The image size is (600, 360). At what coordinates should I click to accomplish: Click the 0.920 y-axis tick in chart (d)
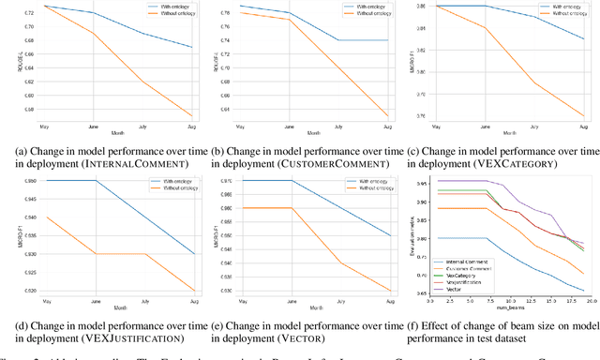coord(22,291)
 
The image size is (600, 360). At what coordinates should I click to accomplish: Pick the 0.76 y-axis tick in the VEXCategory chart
coord(419,116)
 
